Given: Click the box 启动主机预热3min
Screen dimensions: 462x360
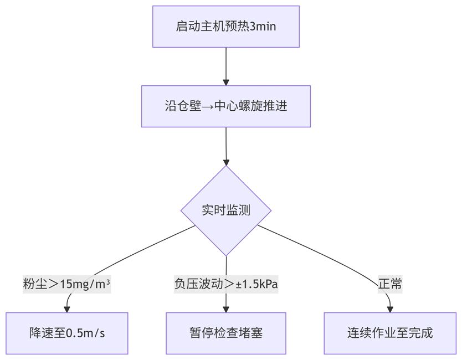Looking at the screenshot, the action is coord(226,27).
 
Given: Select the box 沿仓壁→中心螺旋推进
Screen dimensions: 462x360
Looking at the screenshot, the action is coord(226,106).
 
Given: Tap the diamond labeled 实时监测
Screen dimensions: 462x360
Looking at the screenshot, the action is coord(226,210).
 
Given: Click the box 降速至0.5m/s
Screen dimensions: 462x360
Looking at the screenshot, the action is coord(67,333).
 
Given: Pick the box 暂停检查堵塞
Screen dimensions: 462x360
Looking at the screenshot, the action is coord(226,333).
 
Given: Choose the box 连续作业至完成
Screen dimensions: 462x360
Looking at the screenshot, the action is coord(390,333).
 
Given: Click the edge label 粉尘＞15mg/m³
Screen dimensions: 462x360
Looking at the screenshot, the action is coord(67,284).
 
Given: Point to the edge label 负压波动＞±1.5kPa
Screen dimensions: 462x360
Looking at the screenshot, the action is coord(226,284).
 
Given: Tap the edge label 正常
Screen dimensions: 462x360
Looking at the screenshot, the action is coord(390,284).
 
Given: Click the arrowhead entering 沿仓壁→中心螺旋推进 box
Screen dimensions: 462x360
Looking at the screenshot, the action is coord(226,82).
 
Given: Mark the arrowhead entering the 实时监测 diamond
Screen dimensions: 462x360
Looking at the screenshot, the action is coord(226,162).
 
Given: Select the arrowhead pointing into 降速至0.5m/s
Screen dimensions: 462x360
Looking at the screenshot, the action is coord(67,310).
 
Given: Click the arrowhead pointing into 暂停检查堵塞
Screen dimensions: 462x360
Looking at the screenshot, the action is coord(226,310).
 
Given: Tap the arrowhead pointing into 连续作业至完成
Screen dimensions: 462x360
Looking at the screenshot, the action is coord(390,310).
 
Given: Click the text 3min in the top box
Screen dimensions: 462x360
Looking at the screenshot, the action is coord(263,27).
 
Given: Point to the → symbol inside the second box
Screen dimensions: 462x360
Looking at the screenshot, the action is coord(208,107).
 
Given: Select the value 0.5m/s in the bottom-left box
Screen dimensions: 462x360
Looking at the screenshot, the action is coord(85,333).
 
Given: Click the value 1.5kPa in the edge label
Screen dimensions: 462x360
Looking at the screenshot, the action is coord(260,284).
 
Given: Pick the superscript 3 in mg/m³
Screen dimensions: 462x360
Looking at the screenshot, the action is coord(108,282).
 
